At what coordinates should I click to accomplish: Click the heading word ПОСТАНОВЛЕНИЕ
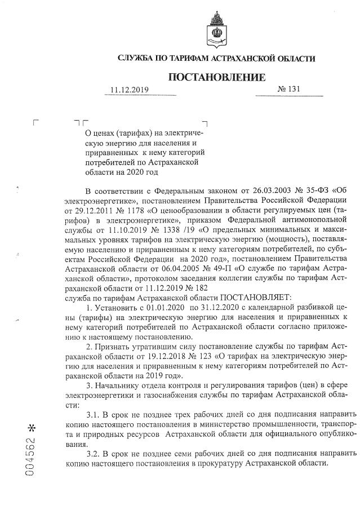tap(216, 77)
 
